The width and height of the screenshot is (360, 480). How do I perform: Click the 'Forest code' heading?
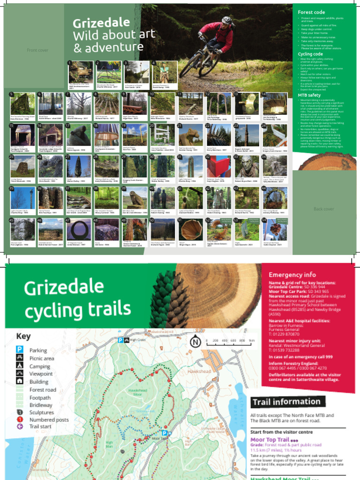(x=311, y=12)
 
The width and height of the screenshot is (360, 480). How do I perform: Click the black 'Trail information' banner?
(x=286, y=402)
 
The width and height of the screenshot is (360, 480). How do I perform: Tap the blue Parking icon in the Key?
(x=20, y=350)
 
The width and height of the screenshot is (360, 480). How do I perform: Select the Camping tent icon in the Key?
(x=20, y=366)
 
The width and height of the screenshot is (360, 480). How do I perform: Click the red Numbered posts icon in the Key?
(x=20, y=420)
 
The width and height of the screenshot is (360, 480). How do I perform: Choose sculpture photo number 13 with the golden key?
(x=245, y=104)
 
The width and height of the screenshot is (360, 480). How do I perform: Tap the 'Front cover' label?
(x=37, y=50)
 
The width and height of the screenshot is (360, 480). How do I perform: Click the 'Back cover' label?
(x=324, y=209)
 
